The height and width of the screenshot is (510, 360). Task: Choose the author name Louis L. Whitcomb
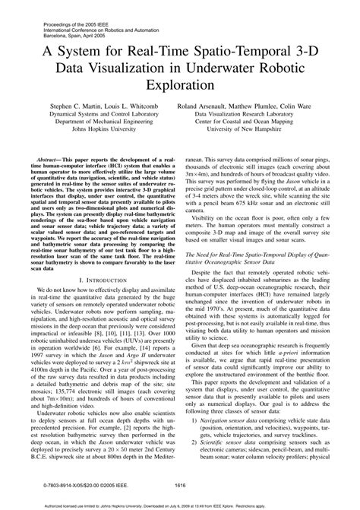point(131,109)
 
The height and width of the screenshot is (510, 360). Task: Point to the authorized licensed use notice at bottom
point(180,503)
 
